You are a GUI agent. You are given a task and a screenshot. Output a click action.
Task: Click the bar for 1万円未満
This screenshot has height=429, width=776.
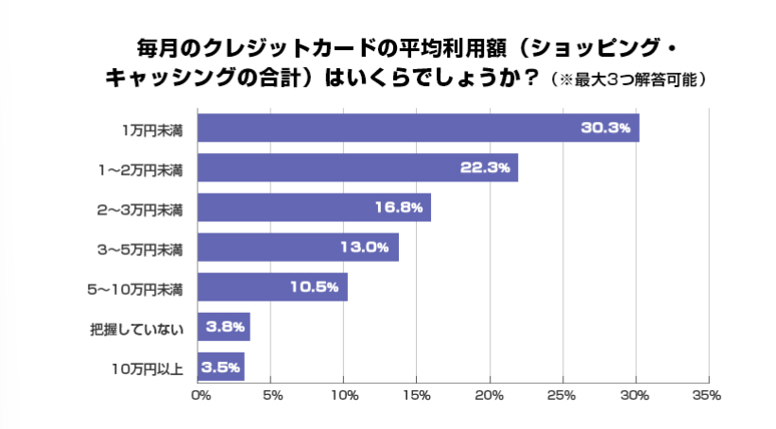(x=418, y=128)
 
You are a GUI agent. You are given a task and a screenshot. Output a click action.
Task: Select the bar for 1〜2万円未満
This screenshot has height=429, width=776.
(x=357, y=167)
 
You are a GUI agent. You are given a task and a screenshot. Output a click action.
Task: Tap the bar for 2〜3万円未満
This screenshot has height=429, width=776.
(x=314, y=207)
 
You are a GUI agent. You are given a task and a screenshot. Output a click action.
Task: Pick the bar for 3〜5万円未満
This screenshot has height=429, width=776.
(x=298, y=247)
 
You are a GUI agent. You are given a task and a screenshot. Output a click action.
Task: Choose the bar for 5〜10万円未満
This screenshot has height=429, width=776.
(x=272, y=286)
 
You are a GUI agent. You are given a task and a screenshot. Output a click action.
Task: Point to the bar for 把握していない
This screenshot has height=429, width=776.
(x=223, y=327)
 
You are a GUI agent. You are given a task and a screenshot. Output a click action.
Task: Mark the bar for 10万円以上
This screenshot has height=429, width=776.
(x=221, y=367)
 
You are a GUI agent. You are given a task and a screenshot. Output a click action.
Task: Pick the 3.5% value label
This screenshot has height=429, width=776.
(x=219, y=367)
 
